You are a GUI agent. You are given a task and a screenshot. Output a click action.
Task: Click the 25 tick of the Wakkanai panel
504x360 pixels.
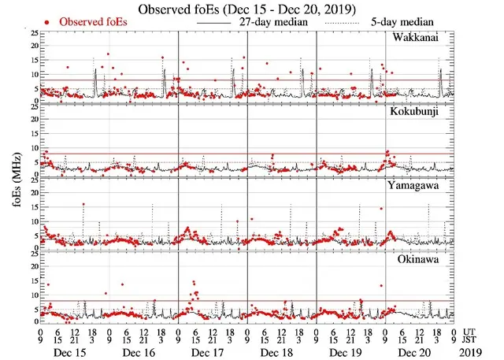[x=32, y=33]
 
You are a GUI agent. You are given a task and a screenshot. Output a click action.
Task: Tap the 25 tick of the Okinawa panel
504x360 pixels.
[x=32, y=254]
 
